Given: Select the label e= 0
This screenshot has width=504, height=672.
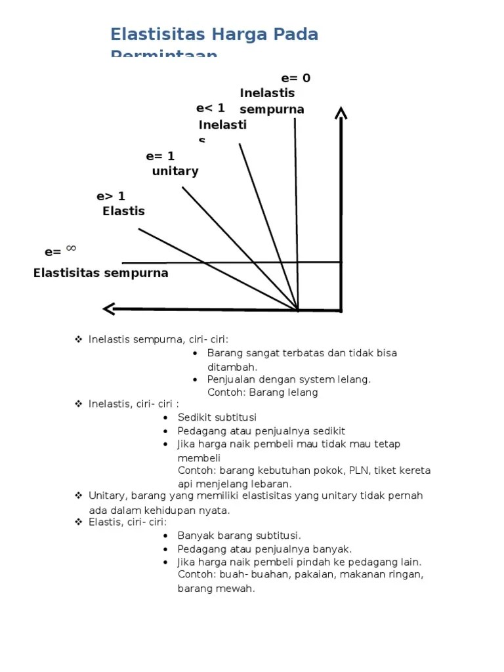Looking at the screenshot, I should coord(295,78).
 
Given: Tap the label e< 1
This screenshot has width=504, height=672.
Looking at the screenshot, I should coord(210,108).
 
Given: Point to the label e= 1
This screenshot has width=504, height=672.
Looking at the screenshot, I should coord(160,156).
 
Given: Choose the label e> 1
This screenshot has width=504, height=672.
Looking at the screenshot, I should coord(110,196).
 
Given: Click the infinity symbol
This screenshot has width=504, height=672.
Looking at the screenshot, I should coord(71,248).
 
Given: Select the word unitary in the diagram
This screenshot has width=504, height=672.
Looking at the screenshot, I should coord(175,171).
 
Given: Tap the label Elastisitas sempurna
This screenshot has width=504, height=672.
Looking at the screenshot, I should coord(100,273).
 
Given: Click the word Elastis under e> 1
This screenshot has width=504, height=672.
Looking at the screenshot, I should coord(123,211).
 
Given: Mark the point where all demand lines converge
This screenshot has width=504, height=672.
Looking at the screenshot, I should coord(298,309).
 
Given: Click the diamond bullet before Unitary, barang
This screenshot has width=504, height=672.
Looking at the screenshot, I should coord(79,495).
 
